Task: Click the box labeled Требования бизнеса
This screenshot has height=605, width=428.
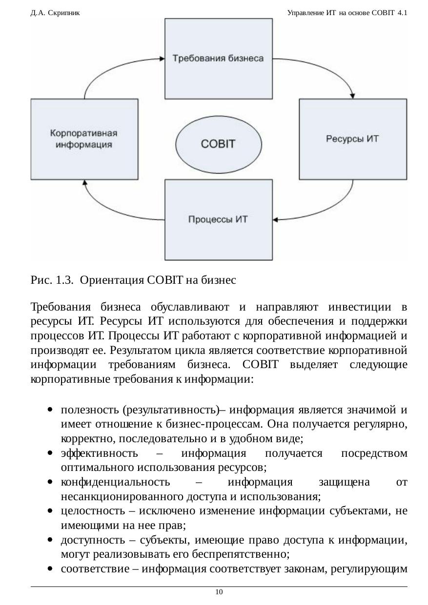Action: pos(218,59)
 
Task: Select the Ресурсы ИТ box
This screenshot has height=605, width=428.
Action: pos(352,139)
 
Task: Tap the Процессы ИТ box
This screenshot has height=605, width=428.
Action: pos(218,219)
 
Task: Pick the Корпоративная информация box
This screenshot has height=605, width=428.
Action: pos(84,139)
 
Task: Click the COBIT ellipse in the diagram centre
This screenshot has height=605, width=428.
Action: pos(218,144)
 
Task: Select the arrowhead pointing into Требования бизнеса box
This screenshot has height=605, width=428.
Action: pos(162,59)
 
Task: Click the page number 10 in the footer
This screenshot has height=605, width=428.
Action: pos(219,592)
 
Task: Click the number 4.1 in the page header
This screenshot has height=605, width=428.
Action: pos(403,13)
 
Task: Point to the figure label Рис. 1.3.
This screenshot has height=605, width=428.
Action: pos(52,280)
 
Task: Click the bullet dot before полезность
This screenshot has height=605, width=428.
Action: pos(50,410)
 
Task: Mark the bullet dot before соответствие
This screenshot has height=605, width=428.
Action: pos(50,569)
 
